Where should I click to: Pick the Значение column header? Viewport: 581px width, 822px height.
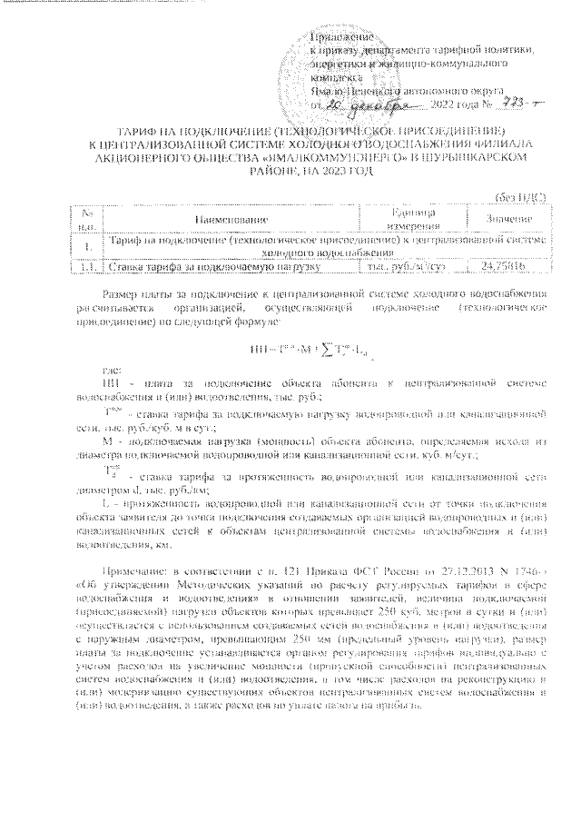coord(507,219)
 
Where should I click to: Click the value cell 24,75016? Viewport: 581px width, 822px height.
coord(506,266)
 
